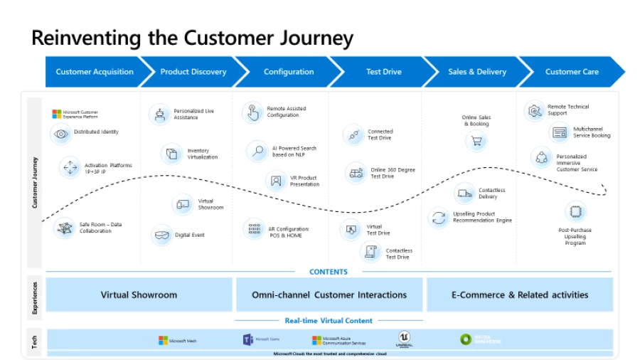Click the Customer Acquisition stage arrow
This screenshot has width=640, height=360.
click(x=95, y=72)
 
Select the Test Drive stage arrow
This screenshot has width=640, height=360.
click(x=383, y=72)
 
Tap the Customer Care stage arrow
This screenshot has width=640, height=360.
click(x=572, y=72)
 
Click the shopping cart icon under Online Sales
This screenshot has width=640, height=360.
click(x=476, y=142)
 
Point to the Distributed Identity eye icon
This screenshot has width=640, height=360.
click(x=61, y=133)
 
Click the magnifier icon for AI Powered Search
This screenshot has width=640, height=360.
click(x=257, y=151)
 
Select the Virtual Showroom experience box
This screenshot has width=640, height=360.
click(x=139, y=295)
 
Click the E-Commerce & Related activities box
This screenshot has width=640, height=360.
click(x=520, y=295)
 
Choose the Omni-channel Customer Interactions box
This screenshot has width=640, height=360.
click(x=329, y=295)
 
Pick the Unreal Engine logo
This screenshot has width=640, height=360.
click(x=405, y=340)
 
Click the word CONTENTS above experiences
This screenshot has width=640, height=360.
click(x=329, y=272)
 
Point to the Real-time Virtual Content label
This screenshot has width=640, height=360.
click(x=329, y=321)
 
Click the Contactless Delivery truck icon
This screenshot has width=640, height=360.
click(x=464, y=194)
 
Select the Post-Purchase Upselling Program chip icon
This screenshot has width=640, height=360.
click(x=575, y=211)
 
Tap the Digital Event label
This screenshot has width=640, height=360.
click(x=190, y=235)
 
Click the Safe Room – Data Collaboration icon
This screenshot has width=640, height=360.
click(x=65, y=228)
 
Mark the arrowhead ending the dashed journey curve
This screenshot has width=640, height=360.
click(x=604, y=190)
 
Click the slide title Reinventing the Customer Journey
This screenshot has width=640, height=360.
click(x=192, y=37)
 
